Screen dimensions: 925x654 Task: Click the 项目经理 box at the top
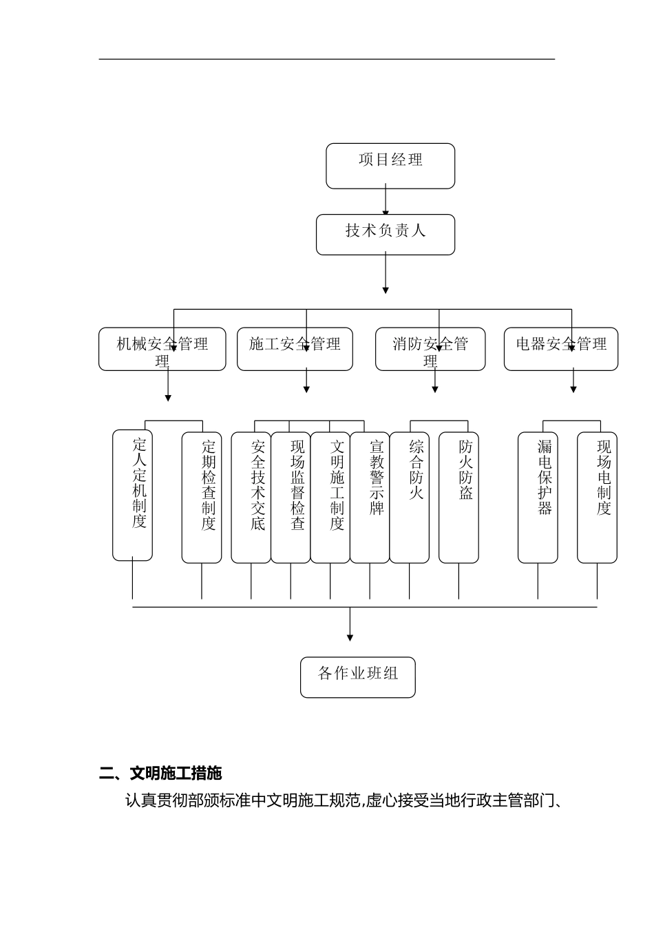tap(390, 166)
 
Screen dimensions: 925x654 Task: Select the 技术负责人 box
tap(386, 235)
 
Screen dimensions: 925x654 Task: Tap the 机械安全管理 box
tap(162, 349)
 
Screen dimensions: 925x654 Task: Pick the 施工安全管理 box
tap(295, 349)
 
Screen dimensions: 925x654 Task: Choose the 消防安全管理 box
tap(430, 349)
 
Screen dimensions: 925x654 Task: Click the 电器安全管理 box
tap(561, 349)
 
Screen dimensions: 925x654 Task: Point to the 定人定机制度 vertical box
tap(133, 495)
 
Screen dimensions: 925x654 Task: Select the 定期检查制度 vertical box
tap(202, 498)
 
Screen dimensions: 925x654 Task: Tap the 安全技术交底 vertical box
tap(251, 498)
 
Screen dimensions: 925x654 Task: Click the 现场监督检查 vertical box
tap(291, 498)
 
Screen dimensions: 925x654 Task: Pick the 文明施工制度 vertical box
tap(330, 498)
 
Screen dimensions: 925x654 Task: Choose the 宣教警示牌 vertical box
tap(370, 498)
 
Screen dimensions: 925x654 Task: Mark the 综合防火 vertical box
tap(410, 498)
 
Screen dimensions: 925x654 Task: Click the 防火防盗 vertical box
tap(458, 498)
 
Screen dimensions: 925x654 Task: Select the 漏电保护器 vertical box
tap(538, 498)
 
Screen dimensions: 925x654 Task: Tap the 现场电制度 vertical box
tap(597, 498)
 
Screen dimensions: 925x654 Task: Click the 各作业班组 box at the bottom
tap(358, 677)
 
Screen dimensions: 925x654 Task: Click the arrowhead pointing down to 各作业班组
tap(350, 637)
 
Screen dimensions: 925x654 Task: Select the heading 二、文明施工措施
tap(161, 774)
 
